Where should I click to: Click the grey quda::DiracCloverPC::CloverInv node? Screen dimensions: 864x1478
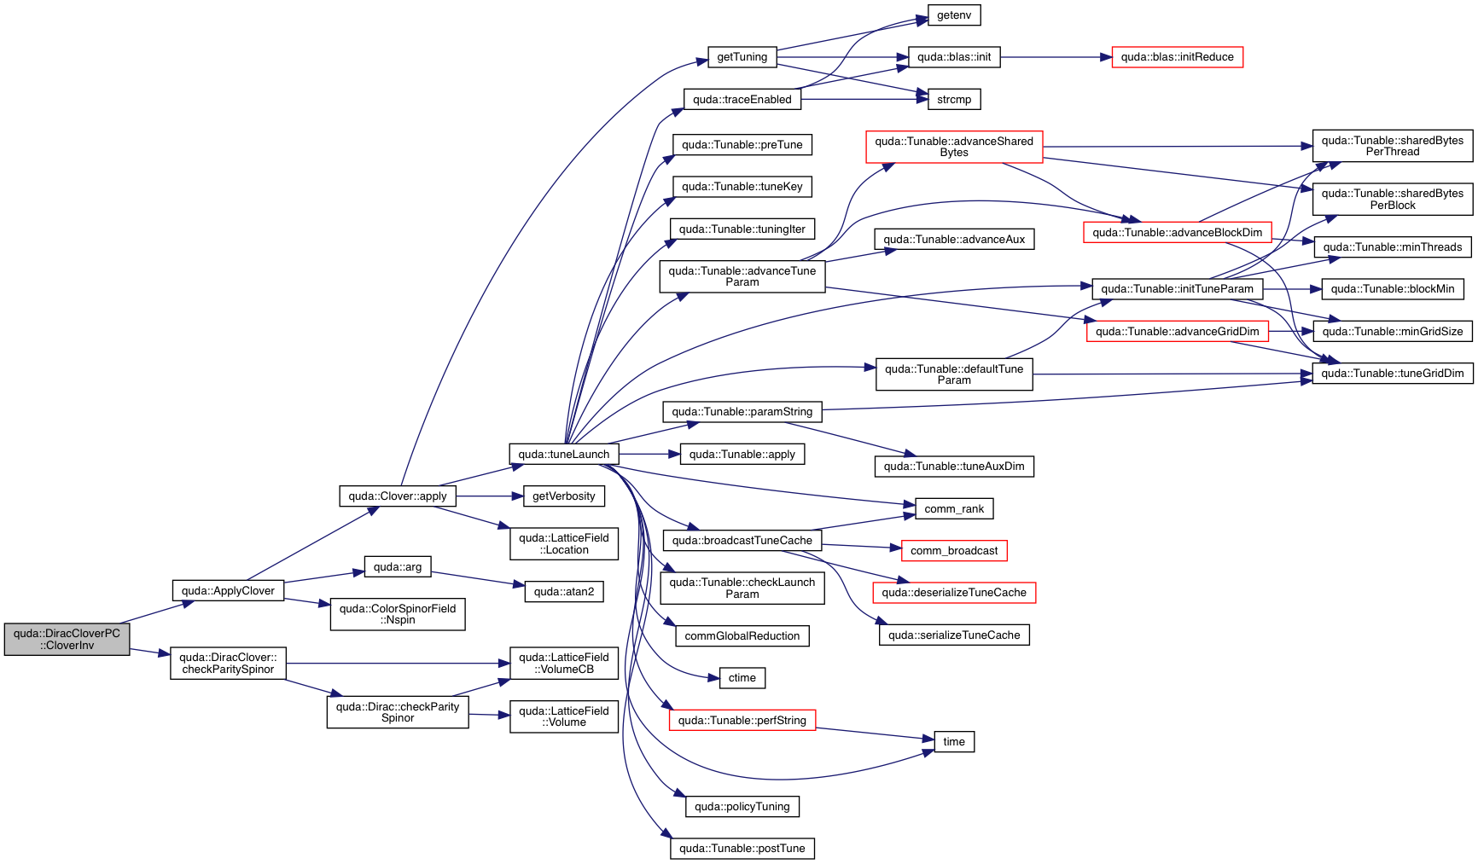coord(67,640)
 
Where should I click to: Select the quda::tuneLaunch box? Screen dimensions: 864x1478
coord(563,454)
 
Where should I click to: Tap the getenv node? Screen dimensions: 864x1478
coord(954,15)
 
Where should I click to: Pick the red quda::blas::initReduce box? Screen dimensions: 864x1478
coord(1177,57)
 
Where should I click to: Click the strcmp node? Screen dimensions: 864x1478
coord(954,100)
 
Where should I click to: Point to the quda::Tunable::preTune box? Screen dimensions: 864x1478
coord(742,145)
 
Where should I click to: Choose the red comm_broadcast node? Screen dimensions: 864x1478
coord(953,551)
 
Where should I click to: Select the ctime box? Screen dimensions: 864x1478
coord(742,678)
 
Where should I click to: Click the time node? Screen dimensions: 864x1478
coord(954,742)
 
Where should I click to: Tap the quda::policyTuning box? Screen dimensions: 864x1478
coord(742,807)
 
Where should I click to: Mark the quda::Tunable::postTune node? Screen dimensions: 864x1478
coord(742,849)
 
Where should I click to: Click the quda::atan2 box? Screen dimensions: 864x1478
coord(563,592)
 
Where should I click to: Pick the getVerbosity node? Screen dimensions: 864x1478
coord(563,496)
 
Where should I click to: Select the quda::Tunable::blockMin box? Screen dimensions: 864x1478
coord(1392,289)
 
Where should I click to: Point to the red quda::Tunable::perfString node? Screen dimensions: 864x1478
coord(742,721)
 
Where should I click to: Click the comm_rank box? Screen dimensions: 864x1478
coord(954,509)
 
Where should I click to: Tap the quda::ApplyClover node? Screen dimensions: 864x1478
coord(228,591)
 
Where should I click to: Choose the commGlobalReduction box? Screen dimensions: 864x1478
coord(742,636)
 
